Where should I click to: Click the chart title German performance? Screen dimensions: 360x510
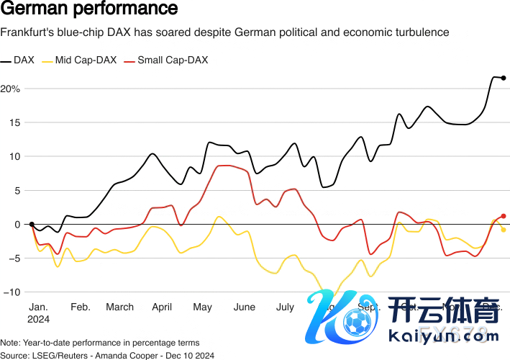89,10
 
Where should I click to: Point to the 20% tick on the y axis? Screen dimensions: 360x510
11,89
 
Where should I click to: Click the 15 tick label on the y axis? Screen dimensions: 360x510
14,122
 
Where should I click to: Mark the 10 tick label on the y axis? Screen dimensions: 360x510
14,156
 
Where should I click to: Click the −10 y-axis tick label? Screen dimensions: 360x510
11,292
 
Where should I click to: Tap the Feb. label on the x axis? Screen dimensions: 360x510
80,307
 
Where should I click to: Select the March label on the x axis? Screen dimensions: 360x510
119,307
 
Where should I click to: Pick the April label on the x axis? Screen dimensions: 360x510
162,307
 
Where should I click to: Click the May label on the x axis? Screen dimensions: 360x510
203,307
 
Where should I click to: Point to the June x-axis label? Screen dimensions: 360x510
245,307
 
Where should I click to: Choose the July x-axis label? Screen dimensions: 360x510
285,307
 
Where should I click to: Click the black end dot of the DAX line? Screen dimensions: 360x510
504,78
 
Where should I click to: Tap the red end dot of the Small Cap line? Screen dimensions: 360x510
504,216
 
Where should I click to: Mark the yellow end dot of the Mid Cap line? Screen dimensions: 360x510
504,230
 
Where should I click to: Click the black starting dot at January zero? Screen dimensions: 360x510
32,224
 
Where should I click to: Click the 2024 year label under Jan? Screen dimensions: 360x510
39,318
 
